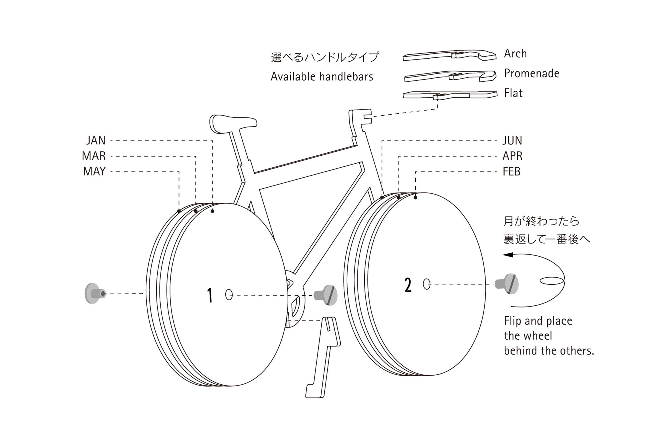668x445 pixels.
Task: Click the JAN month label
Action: [x=96, y=140]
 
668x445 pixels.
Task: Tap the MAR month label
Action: [x=94, y=156]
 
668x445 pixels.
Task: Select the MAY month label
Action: [x=94, y=171]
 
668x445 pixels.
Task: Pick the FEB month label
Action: [x=511, y=171]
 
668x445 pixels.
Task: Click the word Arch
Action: [x=515, y=54]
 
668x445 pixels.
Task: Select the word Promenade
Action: [x=532, y=73]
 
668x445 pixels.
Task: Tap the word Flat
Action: [x=513, y=93]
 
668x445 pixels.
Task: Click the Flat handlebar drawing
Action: [x=450, y=95]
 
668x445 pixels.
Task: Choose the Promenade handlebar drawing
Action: [x=450, y=76]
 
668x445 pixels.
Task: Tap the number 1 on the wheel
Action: [x=210, y=296]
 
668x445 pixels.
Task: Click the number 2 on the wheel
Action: [x=408, y=285]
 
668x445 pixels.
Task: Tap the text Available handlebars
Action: [x=322, y=77]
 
